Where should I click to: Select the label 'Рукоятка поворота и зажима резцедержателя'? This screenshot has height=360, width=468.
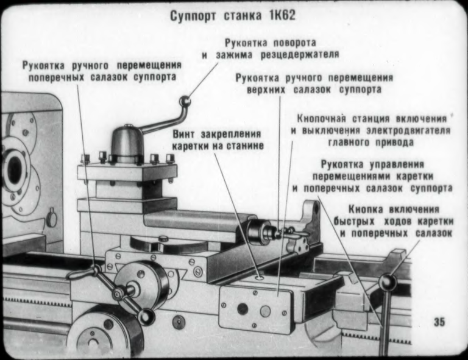(x=271, y=49)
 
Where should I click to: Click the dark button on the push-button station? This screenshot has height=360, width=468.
(x=243, y=308)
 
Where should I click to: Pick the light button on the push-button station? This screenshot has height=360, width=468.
(x=265, y=311)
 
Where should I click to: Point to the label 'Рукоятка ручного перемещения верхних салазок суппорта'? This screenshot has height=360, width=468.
(x=314, y=84)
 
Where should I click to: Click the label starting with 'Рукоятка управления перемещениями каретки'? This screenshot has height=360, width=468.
(x=372, y=176)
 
